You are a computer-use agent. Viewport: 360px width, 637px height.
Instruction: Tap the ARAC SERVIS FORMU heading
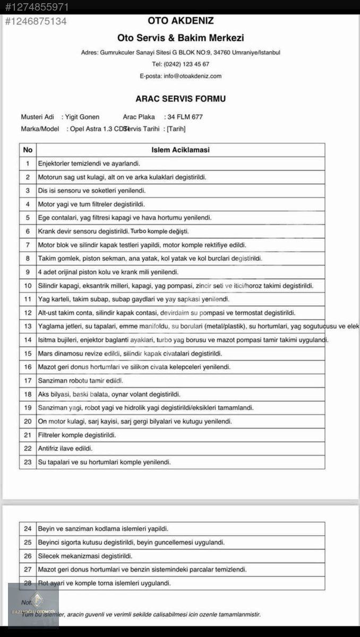[181, 99]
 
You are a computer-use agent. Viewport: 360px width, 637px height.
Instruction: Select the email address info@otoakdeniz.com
[192, 76]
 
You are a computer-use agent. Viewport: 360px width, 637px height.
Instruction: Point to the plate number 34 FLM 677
[185, 117]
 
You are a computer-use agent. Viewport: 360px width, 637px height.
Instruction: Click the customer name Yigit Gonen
[82, 117]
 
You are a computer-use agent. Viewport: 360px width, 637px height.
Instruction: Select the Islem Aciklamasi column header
[181, 150]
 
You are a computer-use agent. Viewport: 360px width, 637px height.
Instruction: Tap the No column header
[28, 150]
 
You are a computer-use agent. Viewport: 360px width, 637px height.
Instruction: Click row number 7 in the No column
[28, 245]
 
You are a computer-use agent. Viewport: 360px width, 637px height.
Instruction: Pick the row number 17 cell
[28, 381]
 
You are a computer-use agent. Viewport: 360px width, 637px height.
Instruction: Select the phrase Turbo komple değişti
[160, 231]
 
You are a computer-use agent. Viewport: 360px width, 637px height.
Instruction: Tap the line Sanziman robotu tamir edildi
[81, 381]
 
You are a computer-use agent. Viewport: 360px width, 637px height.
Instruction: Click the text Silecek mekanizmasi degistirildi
[85, 556]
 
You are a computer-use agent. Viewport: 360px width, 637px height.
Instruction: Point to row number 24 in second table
[28, 529]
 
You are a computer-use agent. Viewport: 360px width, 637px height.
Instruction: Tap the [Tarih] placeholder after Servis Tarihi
[176, 128]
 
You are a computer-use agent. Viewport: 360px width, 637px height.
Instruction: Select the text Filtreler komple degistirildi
[77, 435]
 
